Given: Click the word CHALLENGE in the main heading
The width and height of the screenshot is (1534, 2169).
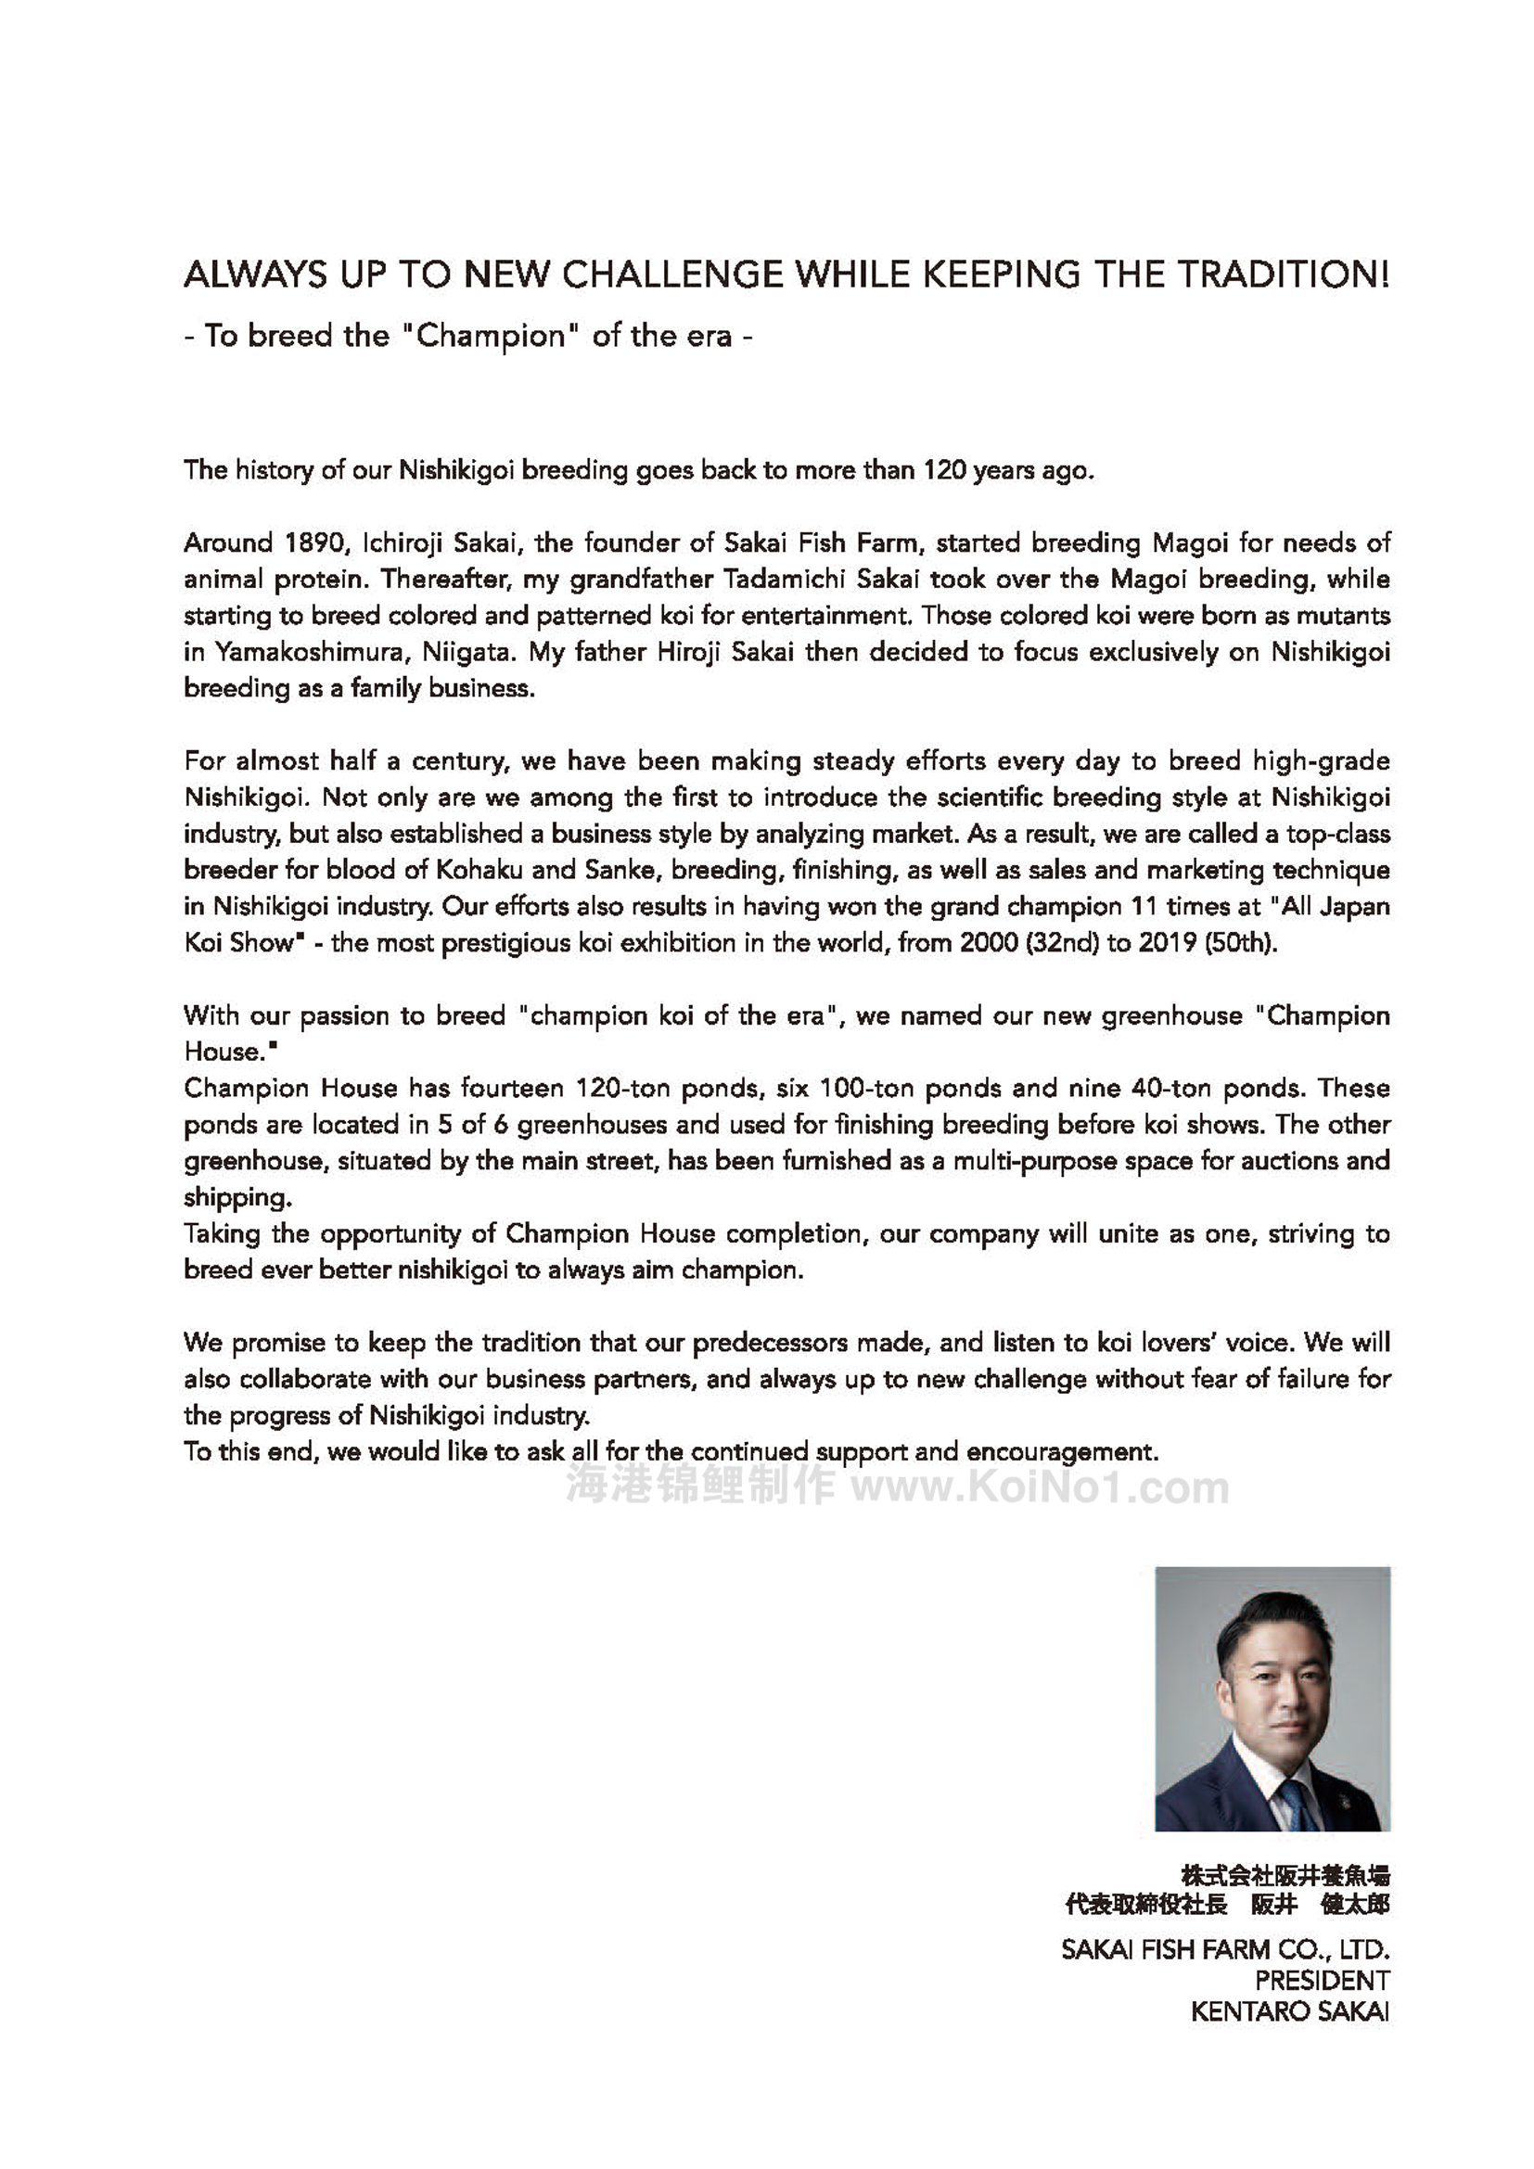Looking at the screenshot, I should tap(672, 274).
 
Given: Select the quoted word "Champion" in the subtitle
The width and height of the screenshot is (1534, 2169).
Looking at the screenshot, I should tap(491, 337).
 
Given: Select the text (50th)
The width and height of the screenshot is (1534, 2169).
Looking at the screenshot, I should tap(1241, 943).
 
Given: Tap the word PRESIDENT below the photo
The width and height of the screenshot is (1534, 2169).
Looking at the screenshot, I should tap(1322, 1980).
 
